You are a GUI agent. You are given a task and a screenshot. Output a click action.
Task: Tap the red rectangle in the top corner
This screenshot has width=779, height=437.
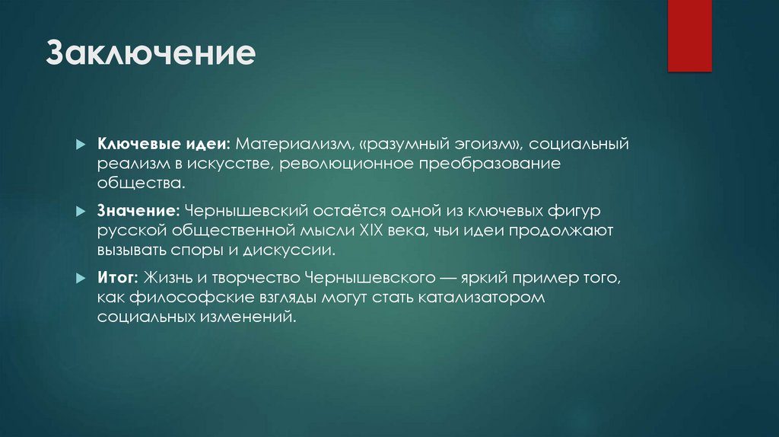coord(689,36)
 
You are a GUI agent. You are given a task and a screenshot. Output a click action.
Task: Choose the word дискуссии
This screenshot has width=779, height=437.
coord(295,249)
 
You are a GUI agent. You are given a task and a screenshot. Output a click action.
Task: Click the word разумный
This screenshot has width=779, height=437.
coord(369,144)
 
